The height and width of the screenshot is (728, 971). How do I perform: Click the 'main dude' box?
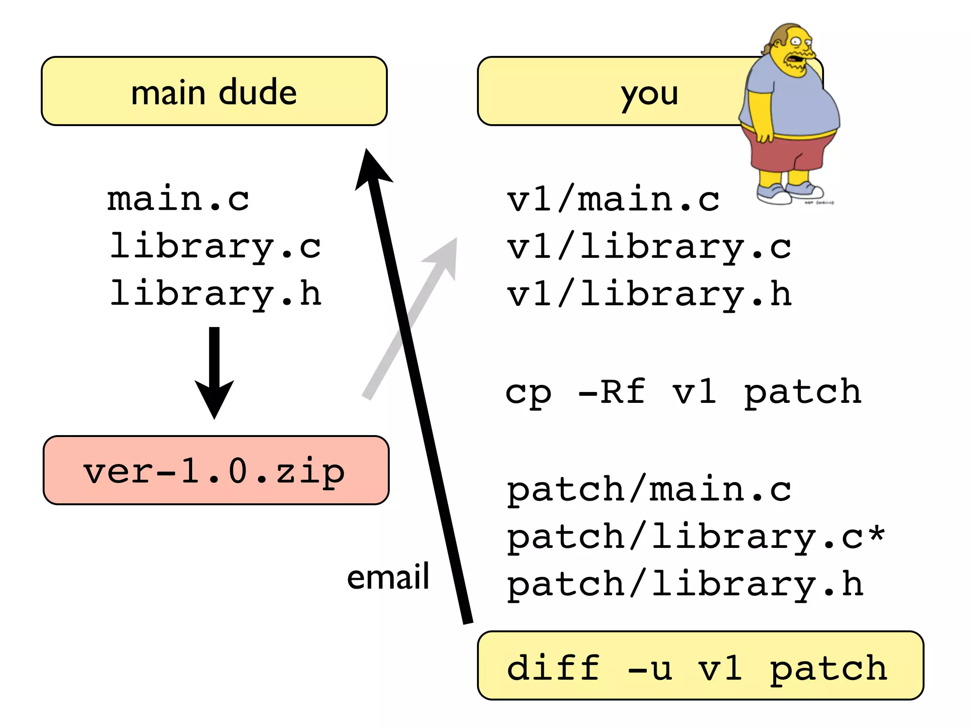(x=214, y=91)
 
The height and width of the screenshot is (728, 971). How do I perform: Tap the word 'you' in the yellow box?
(x=649, y=93)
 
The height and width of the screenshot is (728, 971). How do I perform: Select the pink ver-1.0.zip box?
(x=216, y=470)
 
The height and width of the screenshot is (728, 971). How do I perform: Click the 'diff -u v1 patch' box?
(x=700, y=665)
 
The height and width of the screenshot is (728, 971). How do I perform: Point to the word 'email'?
(x=388, y=577)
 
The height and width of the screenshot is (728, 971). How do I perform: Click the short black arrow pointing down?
(x=214, y=374)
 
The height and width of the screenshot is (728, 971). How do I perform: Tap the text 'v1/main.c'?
(x=613, y=199)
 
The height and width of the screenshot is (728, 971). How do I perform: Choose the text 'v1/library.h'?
(x=649, y=294)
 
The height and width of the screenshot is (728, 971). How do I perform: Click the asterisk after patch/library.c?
(x=877, y=533)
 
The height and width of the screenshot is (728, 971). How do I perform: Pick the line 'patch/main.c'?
(x=649, y=489)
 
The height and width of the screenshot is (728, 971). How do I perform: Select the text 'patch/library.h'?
(x=685, y=584)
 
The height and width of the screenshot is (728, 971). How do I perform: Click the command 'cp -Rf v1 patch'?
(x=683, y=392)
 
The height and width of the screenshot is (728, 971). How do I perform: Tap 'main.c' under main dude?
(x=178, y=199)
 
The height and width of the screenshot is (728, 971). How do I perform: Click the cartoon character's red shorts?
(x=787, y=154)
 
